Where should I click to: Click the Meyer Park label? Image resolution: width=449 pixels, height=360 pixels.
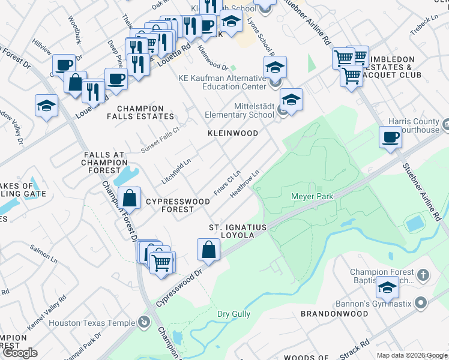312,196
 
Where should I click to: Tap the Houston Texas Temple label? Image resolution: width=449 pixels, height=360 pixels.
92,323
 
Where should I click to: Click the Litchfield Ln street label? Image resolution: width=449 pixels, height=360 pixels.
176,171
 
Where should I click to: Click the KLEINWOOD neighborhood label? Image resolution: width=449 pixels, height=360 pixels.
233,133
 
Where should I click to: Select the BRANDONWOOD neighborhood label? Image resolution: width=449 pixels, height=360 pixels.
334,314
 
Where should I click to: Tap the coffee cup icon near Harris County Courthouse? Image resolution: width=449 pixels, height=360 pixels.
390,137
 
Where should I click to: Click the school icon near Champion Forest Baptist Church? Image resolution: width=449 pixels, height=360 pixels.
387,288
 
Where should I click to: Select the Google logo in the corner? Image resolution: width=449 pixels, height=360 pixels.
20,353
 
